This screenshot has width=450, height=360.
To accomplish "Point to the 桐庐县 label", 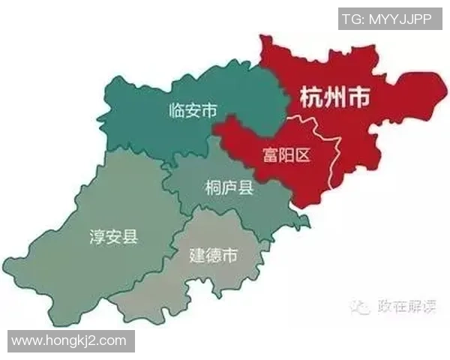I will (x=229, y=188).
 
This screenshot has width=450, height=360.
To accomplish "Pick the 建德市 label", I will (x=213, y=254).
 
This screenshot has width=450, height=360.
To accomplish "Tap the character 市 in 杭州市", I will (x=363, y=97).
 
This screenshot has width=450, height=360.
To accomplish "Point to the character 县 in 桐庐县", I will (x=245, y=188).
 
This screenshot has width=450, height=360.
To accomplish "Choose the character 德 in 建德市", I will (x=213, y=254).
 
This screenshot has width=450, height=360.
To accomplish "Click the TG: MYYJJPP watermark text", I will (x=385, y=19).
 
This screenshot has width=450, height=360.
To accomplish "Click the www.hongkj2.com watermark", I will (x=69, y=340).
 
